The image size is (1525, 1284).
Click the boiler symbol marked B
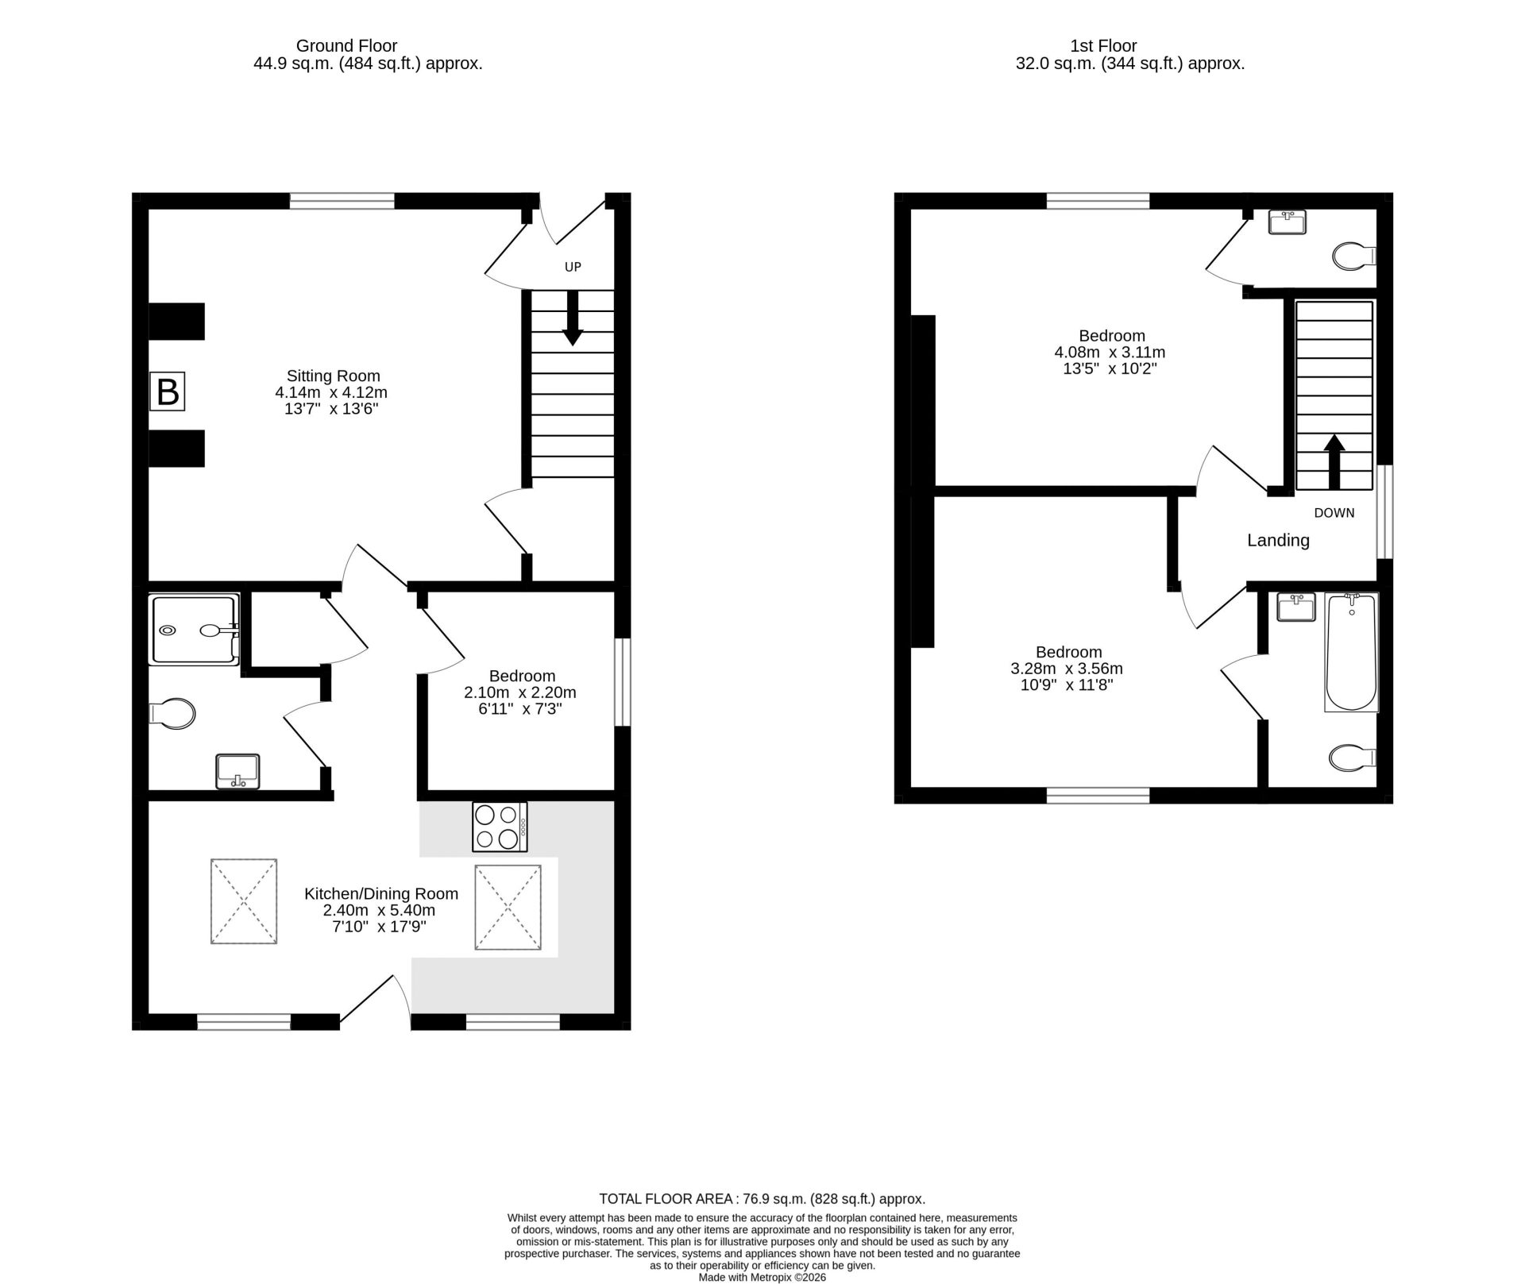pos(168,391)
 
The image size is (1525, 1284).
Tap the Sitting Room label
pos(333,376)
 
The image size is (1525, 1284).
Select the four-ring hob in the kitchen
pos(500,827)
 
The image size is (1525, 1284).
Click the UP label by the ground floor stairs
pos(573,267)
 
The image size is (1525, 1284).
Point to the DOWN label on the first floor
pos(1334,513)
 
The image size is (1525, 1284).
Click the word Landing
pos(1278,541)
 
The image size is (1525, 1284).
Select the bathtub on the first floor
pos(1351,652)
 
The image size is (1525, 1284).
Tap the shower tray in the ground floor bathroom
pos(195,630)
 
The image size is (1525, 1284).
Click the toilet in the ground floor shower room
pos(172,713)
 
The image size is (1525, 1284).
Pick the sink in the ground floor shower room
pos(237,771)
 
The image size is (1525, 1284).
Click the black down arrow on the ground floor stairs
pos(573,318)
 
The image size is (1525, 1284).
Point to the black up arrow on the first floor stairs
pos(1334,461)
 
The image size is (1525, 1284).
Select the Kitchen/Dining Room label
pos(381,893)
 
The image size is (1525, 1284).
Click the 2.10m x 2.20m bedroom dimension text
pos(520,692)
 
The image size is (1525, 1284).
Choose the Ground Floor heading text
pos(346,46)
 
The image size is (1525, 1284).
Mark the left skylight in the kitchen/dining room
pos(244,901)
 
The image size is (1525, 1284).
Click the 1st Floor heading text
pos(1103,46)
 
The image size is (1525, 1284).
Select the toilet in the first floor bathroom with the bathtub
pos(1353,757)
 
